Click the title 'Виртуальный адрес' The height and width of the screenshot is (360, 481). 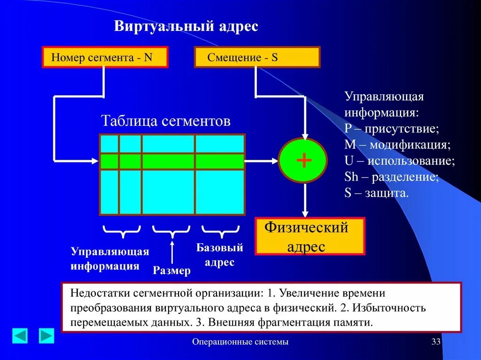(x=186, y=26)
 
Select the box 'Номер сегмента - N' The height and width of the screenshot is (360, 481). (x=105, y=58)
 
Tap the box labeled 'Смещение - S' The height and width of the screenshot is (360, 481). (x=257, y=58)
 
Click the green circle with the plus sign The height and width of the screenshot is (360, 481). (x=303, y=161)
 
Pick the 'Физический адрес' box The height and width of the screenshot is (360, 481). (x=310, y=237)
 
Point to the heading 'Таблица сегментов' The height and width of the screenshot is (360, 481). (x=166, y=121)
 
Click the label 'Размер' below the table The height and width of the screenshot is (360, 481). (x=172, y=270)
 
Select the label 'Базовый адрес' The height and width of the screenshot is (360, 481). (x=219, y=255)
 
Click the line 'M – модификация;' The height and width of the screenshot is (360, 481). (x=397, y=145)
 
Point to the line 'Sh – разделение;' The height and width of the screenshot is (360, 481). (x=392, y=177)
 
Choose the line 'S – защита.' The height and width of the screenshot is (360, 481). (x=377, y=193)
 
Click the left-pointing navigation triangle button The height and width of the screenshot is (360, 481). (x=20, y=336)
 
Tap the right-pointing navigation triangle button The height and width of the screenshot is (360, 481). (x=47, y=336)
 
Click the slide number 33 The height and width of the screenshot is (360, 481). (x=436, y=342)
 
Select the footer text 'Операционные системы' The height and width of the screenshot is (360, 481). (x=240, y=342)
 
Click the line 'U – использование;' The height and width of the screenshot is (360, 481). (x=399, y=161)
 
